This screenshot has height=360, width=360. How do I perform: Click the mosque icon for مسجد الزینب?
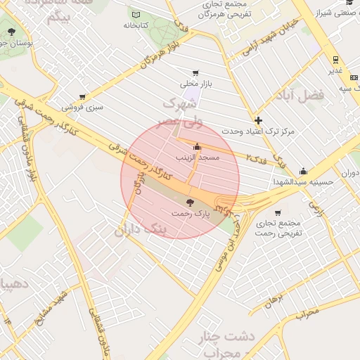(x=196, y=147)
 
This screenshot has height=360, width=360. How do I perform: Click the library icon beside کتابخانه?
(x=135, y=15)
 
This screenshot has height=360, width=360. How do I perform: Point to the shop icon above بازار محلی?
(x=195, y=72)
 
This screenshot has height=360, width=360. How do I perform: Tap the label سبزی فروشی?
(x=82, y=108)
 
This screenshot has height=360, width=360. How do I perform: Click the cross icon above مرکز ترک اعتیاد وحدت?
(x=258, y=120)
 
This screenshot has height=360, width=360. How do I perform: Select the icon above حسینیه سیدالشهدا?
(x=303, y=171)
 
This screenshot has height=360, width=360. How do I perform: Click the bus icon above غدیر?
(x=335, y=60)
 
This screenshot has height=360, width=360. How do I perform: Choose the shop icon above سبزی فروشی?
(x=82, y=97)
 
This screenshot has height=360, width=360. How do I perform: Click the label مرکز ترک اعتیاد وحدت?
(x=258, y=131)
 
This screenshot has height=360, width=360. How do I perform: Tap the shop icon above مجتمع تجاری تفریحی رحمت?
(x=278, y=213)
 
